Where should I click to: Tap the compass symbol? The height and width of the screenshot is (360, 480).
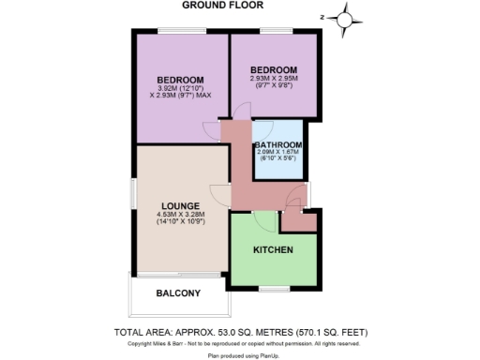345,18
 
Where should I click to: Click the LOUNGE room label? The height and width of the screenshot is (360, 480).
181,205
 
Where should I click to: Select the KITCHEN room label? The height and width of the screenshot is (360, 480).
274,250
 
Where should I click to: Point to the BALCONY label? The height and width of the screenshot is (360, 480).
178,293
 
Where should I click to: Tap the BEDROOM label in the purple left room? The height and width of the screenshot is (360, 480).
180,78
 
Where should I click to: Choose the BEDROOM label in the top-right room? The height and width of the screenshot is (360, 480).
274,70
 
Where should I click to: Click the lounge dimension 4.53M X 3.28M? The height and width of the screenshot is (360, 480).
181,215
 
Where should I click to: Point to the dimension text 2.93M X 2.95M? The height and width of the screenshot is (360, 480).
274,79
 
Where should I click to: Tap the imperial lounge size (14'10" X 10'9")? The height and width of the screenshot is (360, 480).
181,223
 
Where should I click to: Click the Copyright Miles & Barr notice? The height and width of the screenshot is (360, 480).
240,343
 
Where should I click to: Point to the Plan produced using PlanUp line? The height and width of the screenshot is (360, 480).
240,356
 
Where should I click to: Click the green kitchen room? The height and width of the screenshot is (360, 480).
274,267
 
